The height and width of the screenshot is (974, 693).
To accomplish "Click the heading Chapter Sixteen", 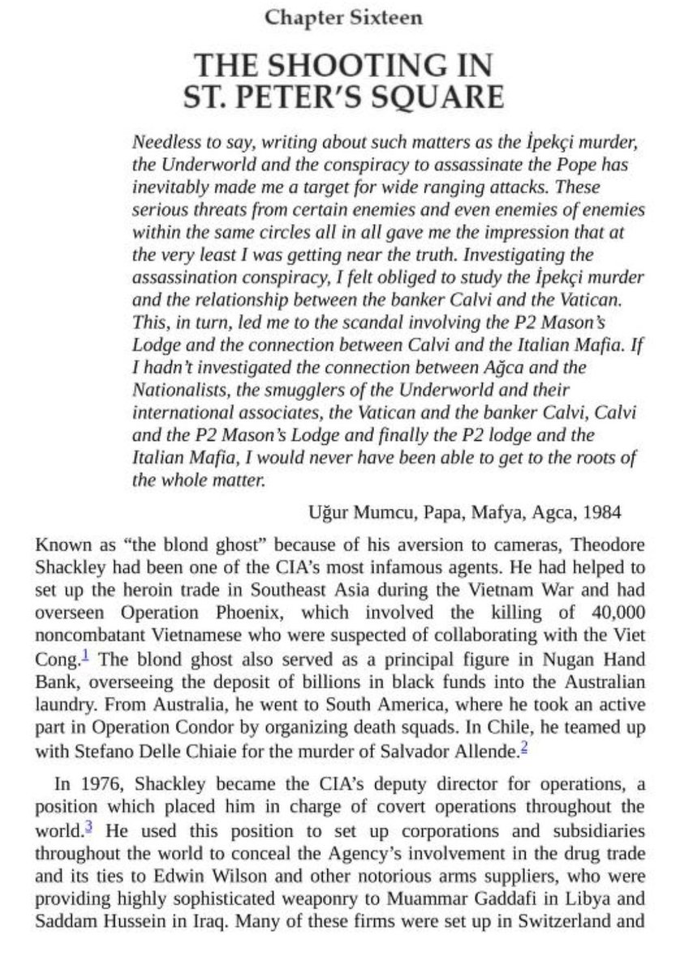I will tap(346, 16).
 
